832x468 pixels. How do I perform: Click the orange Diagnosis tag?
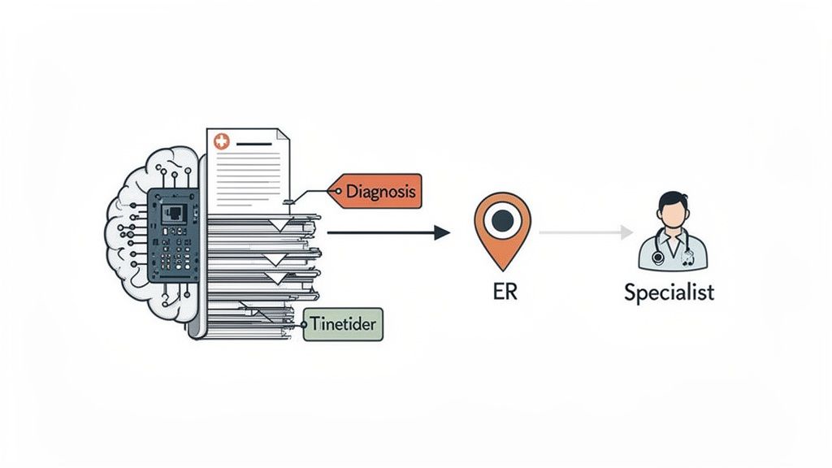pos(379,192)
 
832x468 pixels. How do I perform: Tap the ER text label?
pos(505,291)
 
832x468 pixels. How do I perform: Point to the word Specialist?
pos(669,292)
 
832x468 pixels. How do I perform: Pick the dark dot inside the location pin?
pos(502,219)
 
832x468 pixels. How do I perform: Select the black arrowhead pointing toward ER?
pos(442,233)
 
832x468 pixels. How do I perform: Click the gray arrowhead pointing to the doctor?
pos(626,233)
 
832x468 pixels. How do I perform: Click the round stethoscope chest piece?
pos(657,258)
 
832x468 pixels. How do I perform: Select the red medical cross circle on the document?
pos(220,142)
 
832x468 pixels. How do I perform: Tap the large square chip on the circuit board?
pos(175,214)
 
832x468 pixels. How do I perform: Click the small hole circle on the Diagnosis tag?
pos(332,192)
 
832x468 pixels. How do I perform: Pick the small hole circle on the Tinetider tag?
pos(307,324)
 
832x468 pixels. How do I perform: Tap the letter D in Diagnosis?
pos(351,192)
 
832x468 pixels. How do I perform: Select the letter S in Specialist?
pos(630,292)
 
